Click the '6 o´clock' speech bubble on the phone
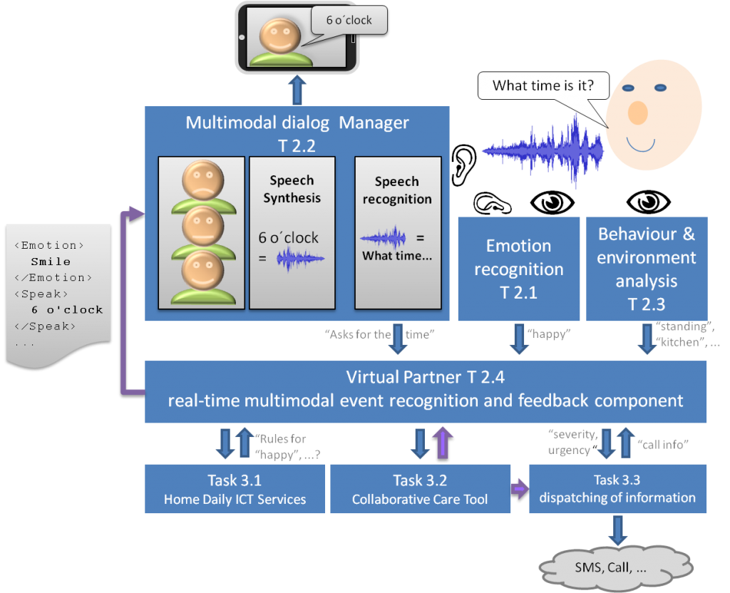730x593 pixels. tap(349, 20)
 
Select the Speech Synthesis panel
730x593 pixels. tap(292, 232)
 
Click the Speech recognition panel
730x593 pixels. tap(397, 232)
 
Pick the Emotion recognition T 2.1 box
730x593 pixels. tap(518, 269)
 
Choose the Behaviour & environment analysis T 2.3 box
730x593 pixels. tap(647, 269)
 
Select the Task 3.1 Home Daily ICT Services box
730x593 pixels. tap(235, 489)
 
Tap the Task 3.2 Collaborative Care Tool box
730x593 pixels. tap(420, 489)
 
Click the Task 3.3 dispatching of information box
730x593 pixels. tap(617, 489)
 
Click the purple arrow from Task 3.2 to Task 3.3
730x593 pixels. tap(520, 489)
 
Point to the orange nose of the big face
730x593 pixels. tap(637, 112)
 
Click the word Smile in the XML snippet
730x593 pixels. tap(51, 262)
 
